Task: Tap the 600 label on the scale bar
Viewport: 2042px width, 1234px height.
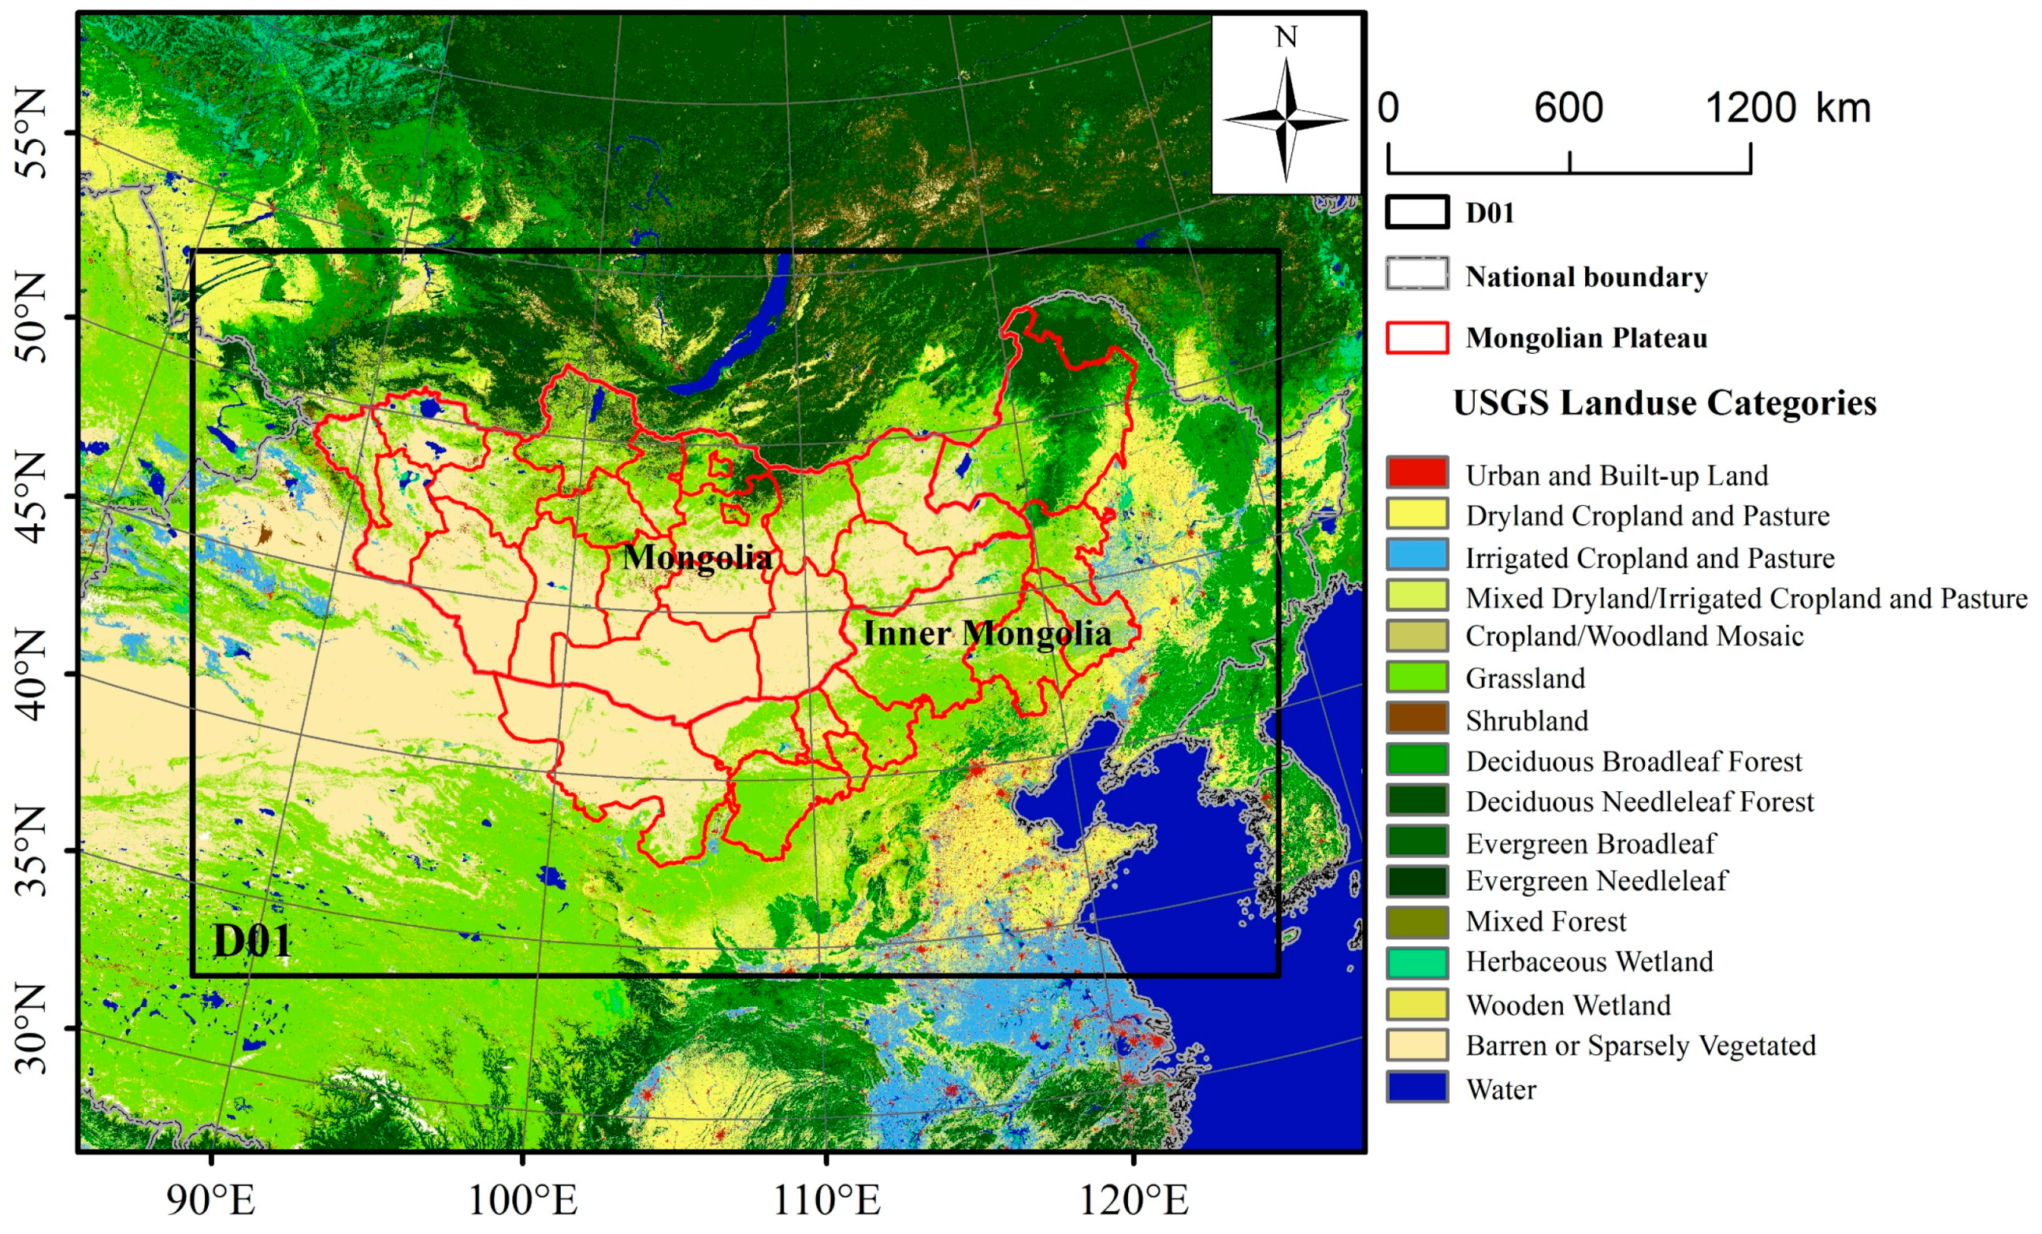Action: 1568,109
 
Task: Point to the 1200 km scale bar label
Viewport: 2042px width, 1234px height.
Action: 1788,109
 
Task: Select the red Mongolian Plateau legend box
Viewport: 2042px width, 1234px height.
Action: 1417,338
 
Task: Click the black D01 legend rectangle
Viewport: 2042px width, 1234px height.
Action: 1417,212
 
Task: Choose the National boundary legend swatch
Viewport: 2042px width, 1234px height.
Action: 1417,274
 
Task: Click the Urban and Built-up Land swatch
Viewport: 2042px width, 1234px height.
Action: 1417,474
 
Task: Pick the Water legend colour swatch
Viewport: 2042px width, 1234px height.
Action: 1417,1087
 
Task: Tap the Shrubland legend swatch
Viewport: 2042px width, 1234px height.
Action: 1417,719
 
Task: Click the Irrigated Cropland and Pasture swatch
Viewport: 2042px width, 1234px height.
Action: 1417,556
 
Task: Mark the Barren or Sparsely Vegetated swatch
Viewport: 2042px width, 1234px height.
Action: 1417,1046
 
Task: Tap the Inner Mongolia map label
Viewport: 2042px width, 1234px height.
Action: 986,634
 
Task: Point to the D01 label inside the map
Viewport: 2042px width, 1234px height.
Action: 252,942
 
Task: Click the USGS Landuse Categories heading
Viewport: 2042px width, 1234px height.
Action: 1664,403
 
